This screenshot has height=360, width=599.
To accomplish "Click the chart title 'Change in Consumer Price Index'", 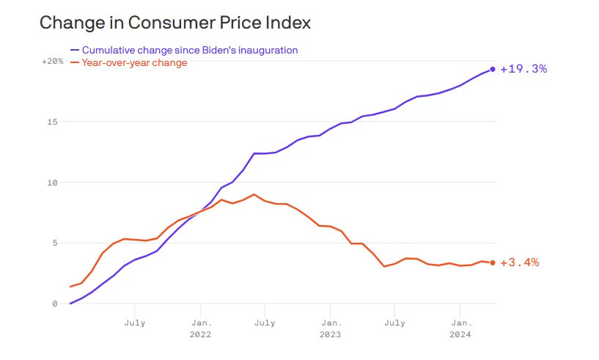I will click(x=175, y=23).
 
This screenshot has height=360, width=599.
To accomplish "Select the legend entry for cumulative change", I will click(x=189, y=50).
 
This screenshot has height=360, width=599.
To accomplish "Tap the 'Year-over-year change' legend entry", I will click(x=134, y=63).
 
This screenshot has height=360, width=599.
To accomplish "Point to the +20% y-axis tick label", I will click(x=52, y=62).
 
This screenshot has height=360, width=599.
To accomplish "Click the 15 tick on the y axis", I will click(x=54, y=122).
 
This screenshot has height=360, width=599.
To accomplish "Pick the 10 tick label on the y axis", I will click(x=54, y=183).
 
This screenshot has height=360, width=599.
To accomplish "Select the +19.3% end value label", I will click(x=523, y=69).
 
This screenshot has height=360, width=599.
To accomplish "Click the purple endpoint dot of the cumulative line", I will click(x=493, y=69).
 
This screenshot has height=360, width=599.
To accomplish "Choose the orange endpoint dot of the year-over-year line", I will click(x=493, y=262).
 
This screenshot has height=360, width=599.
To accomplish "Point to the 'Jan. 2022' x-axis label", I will click(x=201, y=328).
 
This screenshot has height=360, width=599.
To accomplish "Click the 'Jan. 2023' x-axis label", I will click(x=331, y=328).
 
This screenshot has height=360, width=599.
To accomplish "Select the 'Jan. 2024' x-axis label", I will click(x=460, y=328).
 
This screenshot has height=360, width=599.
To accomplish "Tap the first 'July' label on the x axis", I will click(x=135, y=322).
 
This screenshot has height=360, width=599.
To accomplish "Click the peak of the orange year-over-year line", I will click(x=254, y=194).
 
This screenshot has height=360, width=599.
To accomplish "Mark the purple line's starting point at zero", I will click(x=70, y=304).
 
